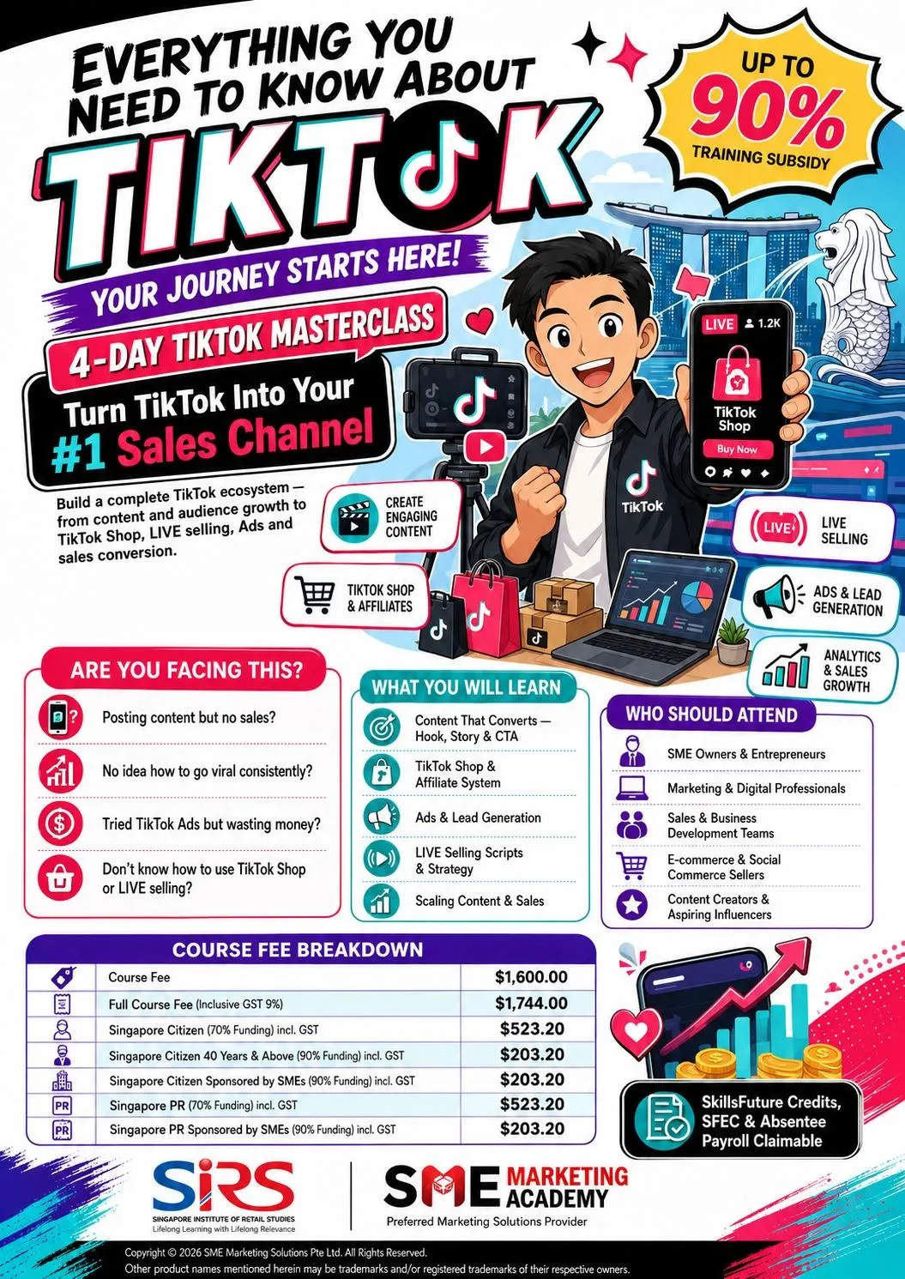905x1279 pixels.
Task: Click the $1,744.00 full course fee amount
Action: click(531, 1004)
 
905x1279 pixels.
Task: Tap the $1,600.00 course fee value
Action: click(531, 977)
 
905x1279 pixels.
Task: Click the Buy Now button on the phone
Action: click(737, 449)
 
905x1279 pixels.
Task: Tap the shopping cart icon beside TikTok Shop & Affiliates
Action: click(314, 594)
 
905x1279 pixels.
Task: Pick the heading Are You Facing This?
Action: click(186, 670)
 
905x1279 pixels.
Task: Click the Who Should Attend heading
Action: click(711, 715)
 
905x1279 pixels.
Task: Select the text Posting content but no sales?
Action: click(189, 717)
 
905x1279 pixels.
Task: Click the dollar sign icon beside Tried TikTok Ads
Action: click(60, 824)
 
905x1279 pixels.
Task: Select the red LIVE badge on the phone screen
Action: click(719, 324)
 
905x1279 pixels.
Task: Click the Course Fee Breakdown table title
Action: click(298, 950)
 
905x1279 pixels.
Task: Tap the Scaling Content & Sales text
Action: click(480, 901)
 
